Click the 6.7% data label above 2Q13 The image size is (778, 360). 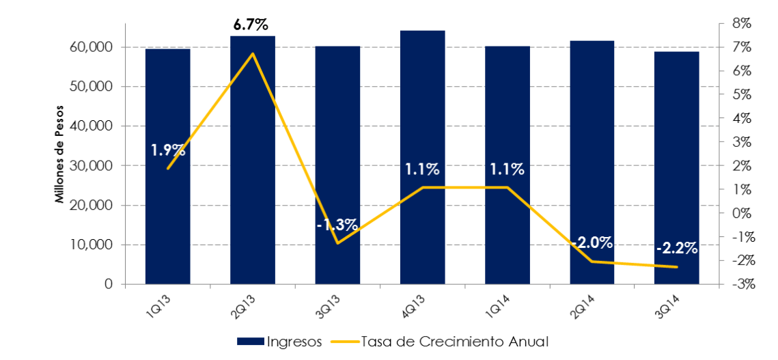(x=252, y=25)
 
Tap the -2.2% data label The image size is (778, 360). (x=676, y=249)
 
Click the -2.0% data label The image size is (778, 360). (x=592, y=243)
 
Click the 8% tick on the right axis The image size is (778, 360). (x=740, y=24)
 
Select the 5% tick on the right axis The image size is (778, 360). (x=740, y=95)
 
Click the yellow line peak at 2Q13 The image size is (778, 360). (x=253, y=53)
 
